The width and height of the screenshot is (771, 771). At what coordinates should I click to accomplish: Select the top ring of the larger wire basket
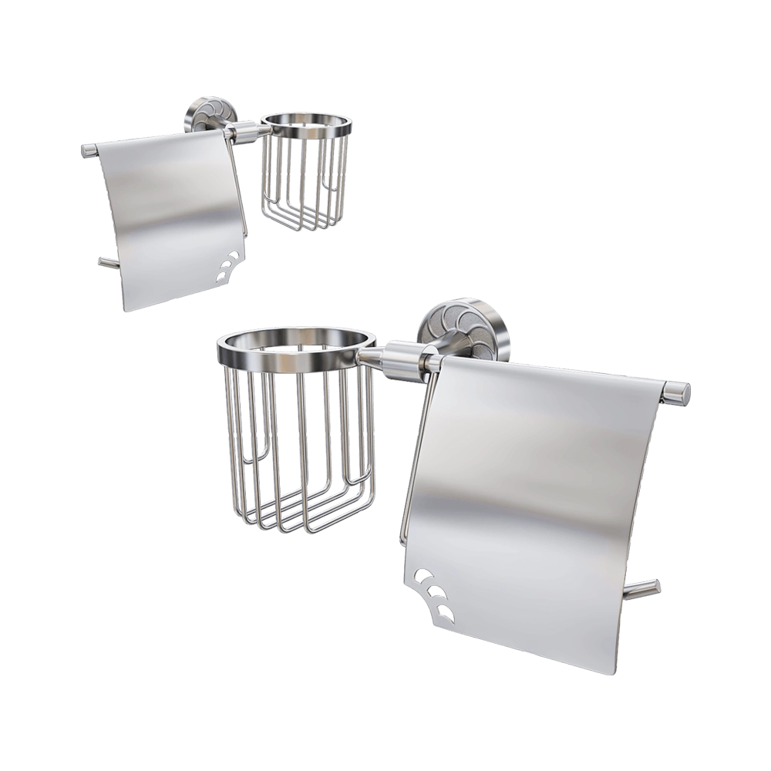[297, 345]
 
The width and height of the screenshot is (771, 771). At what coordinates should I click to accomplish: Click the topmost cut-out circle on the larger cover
[423, 576]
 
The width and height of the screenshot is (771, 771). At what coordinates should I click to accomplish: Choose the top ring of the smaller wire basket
[307, 124]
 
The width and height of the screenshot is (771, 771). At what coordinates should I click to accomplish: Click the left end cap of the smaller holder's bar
[89, 150]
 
